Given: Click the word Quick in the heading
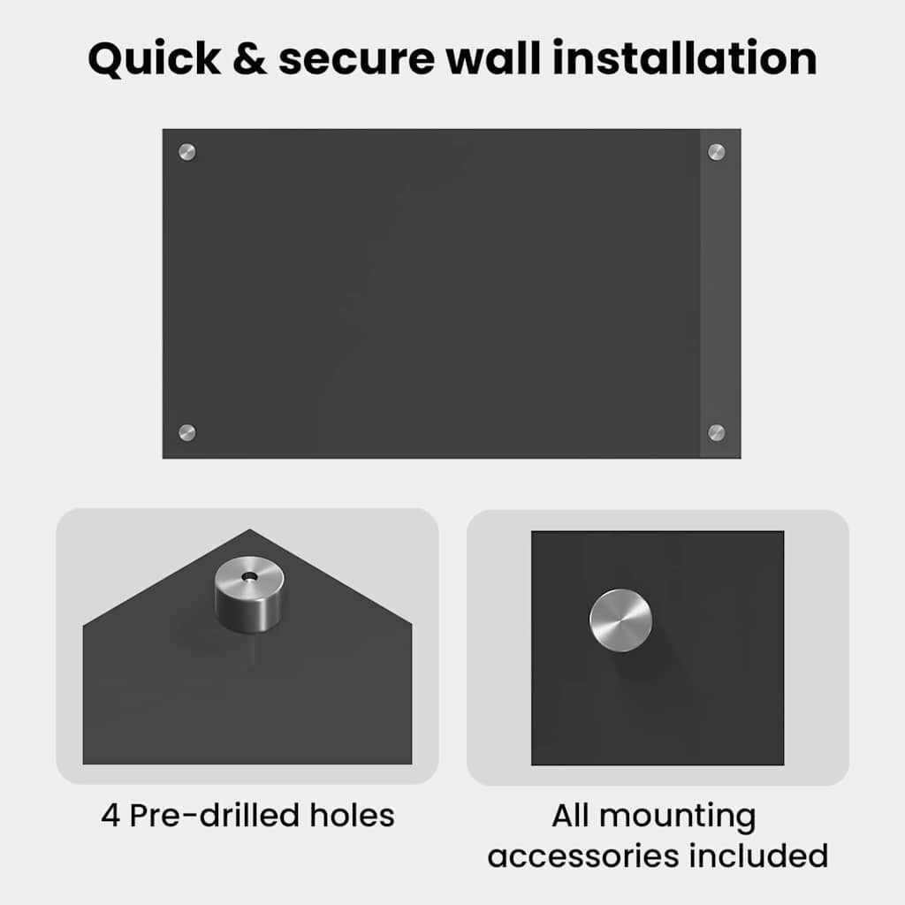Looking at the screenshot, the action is [x=154, y=59].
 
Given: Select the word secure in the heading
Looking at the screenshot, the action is [x=357, y=62].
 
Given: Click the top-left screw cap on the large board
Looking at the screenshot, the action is [x=187, y=152].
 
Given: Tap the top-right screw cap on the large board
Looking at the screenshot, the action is [x=716, y=152].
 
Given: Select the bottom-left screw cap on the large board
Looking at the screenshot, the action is [x=187, y=432].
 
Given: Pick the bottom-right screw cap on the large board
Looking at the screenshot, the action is [x=716, y=432].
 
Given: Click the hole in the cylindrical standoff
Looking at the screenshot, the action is [x=249, y=576].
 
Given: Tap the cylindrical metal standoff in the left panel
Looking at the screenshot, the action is [x=249, y=595].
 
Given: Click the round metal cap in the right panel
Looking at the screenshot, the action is [x=620, y=620].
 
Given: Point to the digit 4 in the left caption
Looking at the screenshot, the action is [x=110, y=816].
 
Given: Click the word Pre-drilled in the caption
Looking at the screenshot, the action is [x=214, y=815].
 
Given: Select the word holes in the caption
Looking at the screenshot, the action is [x=352, y=815].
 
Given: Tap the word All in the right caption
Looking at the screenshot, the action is [x=570, y=815].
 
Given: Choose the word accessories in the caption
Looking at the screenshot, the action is [x=583, y=856].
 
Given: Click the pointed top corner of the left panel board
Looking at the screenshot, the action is [x=249, y=529].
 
